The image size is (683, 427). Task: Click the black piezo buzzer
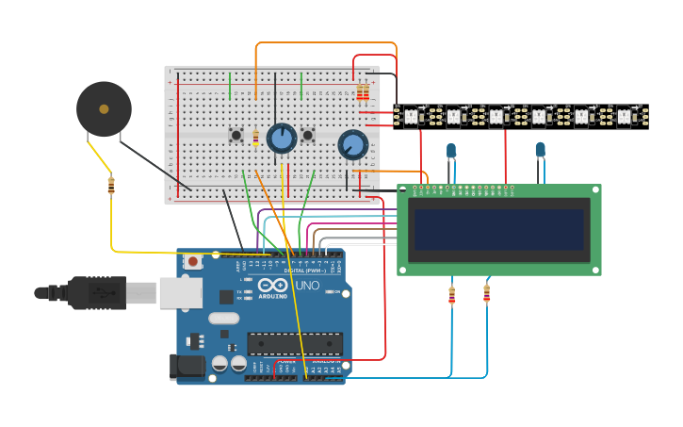click(x=104, y=108)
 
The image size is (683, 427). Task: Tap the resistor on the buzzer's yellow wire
click(x=111, y=186)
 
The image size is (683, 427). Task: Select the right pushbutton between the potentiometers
click(x=307, y=136)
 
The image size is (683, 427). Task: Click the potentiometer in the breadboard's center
click(x=281, y=139)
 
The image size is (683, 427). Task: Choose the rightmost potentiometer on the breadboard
click(x=352, y=144)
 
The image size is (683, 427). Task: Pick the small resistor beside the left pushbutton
click(x=255, y=139)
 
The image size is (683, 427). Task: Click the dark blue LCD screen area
click(x=498, y=229)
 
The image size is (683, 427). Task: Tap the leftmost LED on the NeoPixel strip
click(x=411, y=117)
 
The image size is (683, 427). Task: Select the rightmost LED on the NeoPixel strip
click(x=623, y=117)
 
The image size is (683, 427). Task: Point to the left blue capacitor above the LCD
click(x=451, y=150)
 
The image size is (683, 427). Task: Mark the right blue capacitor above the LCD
click(x=540, y=149)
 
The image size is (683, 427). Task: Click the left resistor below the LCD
click(x=451, y=296)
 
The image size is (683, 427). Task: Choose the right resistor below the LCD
click(x=486, y=294)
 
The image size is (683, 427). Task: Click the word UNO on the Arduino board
click(x=307, y=286)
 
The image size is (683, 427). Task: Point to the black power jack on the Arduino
click(x=187, y=367)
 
